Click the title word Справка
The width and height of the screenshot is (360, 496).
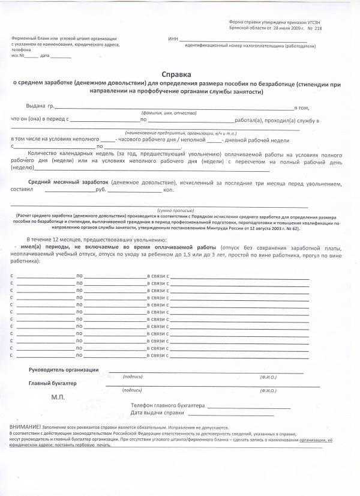(179, 75)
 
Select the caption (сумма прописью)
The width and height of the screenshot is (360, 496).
(173, 210)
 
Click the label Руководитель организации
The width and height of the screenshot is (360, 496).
(64, 370)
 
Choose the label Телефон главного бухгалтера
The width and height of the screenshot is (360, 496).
(167, 405)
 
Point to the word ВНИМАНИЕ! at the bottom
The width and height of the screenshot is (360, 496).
(25, 426)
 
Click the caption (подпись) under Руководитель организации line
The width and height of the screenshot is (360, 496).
(132, 377)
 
